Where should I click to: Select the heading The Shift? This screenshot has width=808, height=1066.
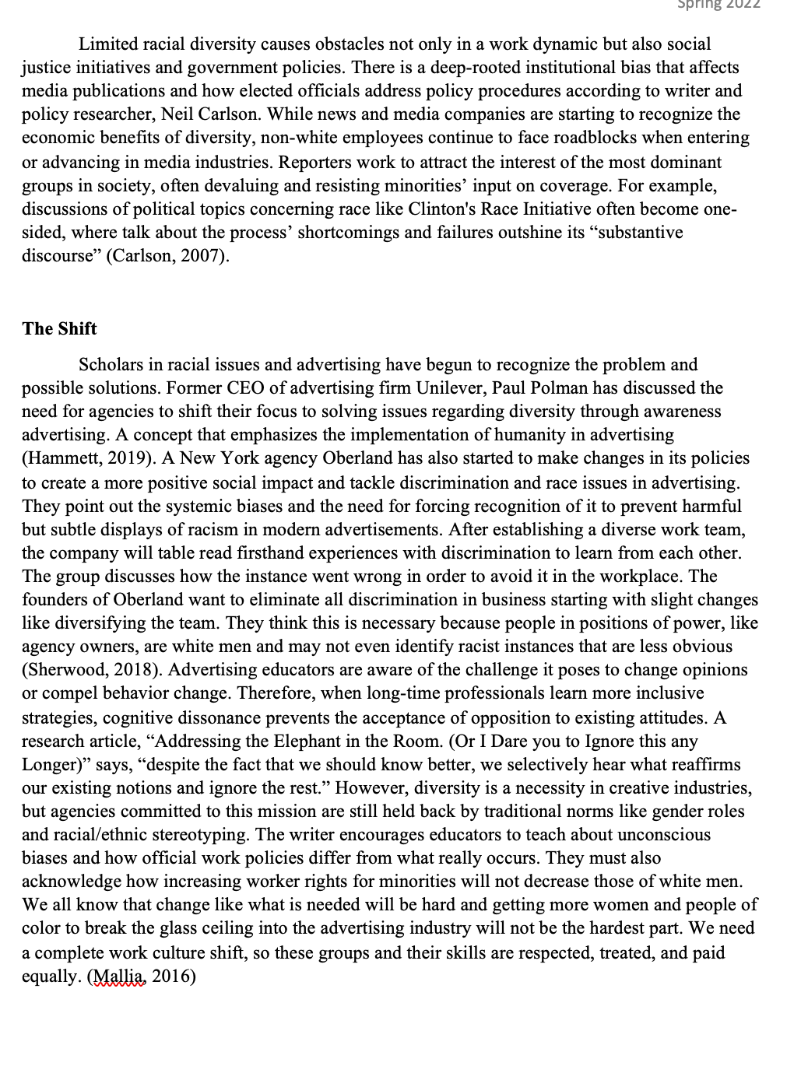tap(59, 328)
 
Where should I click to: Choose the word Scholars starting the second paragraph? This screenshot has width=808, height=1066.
tap(110, 365)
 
